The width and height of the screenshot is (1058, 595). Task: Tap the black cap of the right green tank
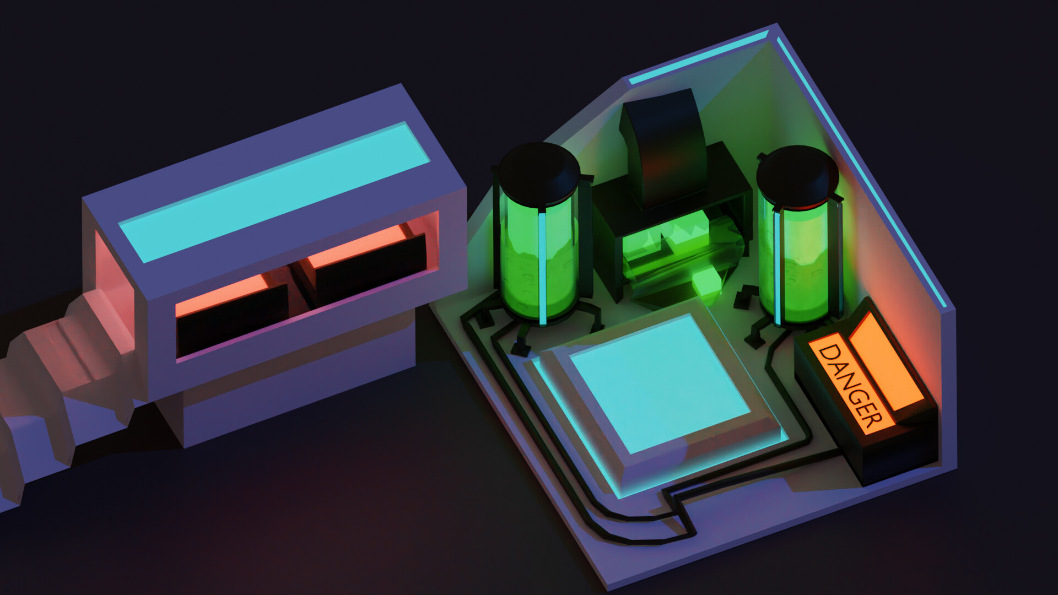[797, 176]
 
